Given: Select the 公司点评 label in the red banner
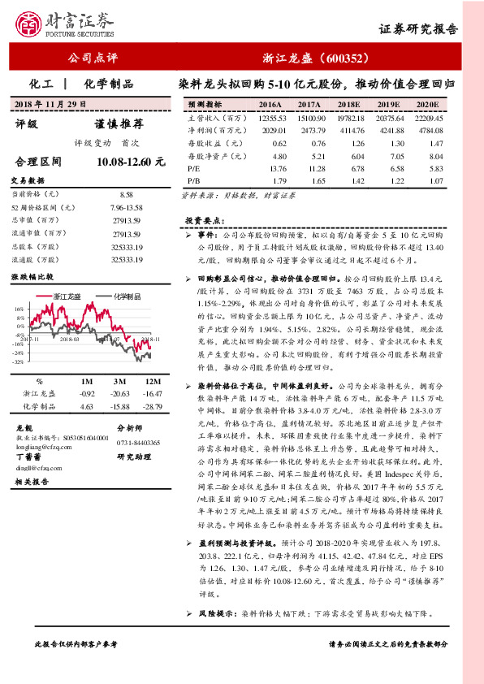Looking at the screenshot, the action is tap(93, 58).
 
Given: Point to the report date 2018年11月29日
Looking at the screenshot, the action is tap(50, 104).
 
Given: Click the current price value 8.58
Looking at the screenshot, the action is tap(126, 195).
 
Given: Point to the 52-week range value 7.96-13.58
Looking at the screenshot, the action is tap(126, 209).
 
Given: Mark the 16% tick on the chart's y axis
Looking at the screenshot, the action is tap(18, 310).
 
